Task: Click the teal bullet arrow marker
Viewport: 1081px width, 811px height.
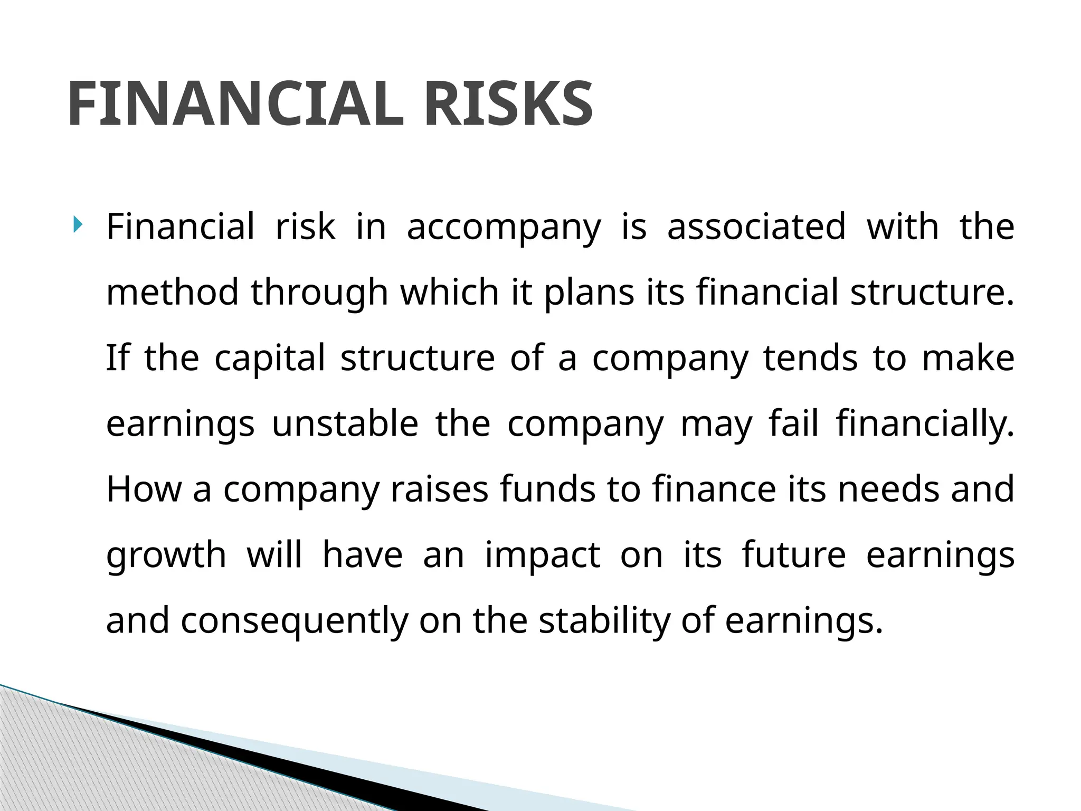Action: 78,225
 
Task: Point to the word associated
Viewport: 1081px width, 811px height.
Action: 756,227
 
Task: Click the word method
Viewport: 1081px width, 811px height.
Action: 172,292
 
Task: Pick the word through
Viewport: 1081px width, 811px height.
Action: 319,293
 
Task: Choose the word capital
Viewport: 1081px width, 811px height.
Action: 270,359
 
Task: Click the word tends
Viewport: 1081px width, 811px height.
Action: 810,357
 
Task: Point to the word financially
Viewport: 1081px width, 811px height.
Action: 925,424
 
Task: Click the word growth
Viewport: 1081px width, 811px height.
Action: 166,555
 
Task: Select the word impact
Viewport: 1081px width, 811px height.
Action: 542,555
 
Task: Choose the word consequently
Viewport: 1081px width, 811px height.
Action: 295,621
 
